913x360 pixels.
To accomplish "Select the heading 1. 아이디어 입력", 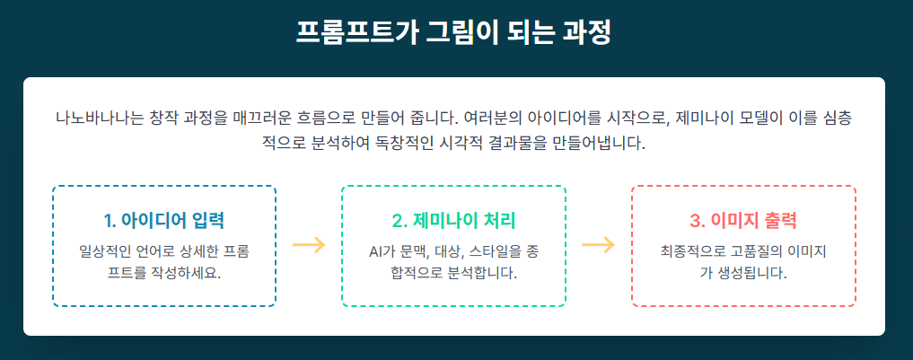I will coord(164,221).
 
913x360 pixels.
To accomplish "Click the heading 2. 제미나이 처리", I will coord(453,221).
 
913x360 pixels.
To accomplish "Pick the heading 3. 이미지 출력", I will coord(743,221).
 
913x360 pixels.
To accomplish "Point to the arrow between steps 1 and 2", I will coord(309,245).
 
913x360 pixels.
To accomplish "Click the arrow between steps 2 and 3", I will coord(598,245).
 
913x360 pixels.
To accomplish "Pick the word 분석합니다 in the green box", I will coord(478,271).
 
